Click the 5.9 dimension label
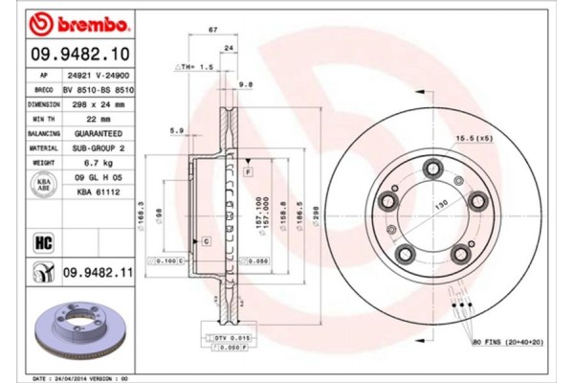point(176,130)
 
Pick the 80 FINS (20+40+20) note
point(507,341)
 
